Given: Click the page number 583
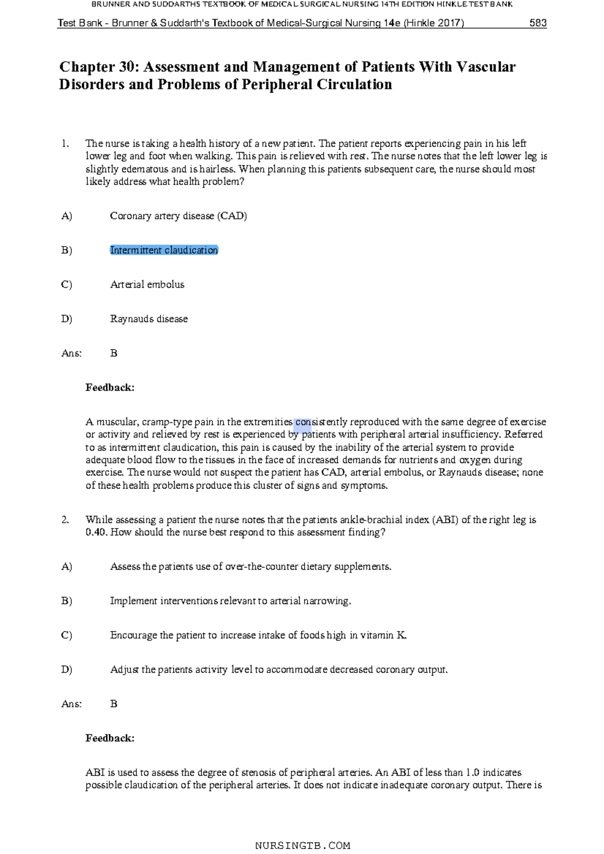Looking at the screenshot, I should (x=538, y=23).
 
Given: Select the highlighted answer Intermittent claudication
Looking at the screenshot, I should (x=164, y=250).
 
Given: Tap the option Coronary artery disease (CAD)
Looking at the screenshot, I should (x=178, y=216).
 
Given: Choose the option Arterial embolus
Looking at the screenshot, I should (x=147, y=285).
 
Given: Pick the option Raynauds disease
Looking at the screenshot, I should (x=148, y=319).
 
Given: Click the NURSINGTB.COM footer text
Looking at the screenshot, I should (x=303, y=845).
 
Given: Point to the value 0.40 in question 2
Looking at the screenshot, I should (x=96, y=533).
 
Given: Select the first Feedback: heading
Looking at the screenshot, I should (x=110, y=388).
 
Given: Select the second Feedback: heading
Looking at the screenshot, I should (x=110, y=738).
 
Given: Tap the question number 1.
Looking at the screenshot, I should (x=65, y=144).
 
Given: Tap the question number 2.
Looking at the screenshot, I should (x=65, y=520).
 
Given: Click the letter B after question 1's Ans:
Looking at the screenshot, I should (x=114, y=354).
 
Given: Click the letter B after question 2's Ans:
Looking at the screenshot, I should (x=114, y=704).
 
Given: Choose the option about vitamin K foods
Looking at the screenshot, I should (x=258, y=635).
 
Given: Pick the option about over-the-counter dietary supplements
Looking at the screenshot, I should (x=250, y=567).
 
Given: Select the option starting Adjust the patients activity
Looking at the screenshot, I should (x=278, y=670).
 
